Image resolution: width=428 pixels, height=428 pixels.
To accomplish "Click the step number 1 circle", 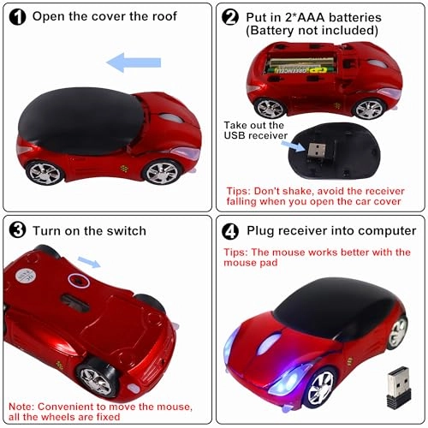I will click(16, 15).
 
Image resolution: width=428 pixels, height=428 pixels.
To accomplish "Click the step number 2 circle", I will click(229, 15).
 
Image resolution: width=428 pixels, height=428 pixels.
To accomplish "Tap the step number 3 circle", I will click(16, 230).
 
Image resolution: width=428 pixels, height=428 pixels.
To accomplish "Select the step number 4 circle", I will click(229, 230).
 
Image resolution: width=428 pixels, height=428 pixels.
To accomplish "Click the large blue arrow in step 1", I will click(132, 62).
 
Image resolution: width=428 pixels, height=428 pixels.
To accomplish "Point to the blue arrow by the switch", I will click(88, 261).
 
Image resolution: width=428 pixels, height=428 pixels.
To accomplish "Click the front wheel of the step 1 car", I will click(162, 171).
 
